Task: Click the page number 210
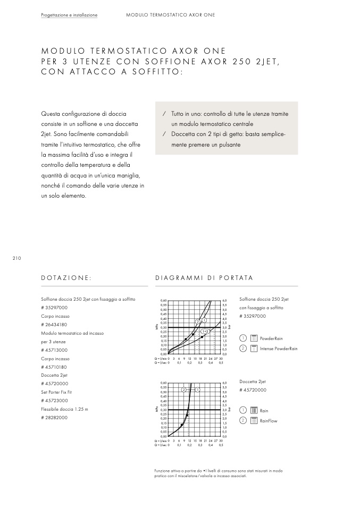click(16, 258)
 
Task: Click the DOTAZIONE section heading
click(66, 278)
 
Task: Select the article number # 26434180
click(54, 325)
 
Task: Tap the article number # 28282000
click(54, 418)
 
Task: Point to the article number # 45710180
click(54, 367)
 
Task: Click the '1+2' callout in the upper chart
click(205, 331)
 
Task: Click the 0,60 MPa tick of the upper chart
click(163, 301)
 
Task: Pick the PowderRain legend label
click(271, 338)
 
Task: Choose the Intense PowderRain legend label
click(279, 349)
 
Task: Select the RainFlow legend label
click(269, 421)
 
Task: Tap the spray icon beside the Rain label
click(254, 411)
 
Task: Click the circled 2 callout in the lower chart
click(183, 390)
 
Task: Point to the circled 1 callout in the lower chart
click(197, 390)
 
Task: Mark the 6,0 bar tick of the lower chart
click(224, 383)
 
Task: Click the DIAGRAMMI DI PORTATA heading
click(204, 278)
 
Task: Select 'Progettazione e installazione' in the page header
click(69, 15)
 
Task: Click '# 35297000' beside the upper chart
click(253, 316)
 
